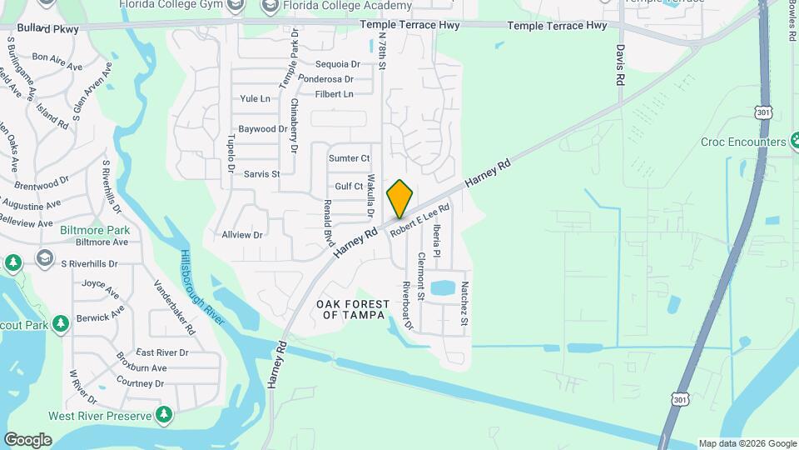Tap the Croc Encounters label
tap(743, 142)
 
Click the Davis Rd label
tap(620, 66)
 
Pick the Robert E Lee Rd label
tap(419, 219)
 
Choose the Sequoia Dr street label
tap(337, 63)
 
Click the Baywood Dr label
tap(262, 129)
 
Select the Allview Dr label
tap(242, 235)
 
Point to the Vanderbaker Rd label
tap(174, 307)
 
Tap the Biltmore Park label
tap(95, 229)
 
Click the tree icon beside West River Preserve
tap(165, 414)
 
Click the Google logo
tap(27, 440)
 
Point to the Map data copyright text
tap(747, 443)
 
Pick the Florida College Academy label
tap(347, 7)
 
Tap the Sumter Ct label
tap(349, 158)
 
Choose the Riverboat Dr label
tap(408, 305)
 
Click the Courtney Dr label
tap(140, 383)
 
